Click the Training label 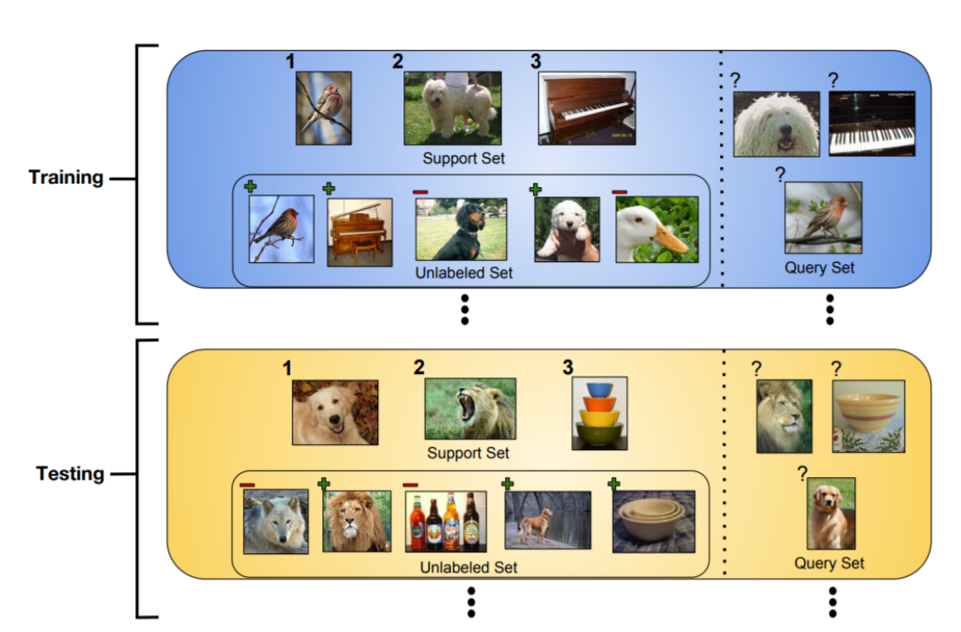coord(66,178)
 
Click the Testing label coord(70,473)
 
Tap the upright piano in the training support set coord(586,108)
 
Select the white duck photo coord(656,229)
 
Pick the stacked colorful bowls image coord(599,412)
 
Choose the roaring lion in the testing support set coord(470,409)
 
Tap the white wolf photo coord(276,521)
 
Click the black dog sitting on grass coord(461,229)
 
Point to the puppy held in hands coord(567,229)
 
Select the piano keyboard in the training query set coord(871,124)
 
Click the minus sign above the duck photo coord(620,191)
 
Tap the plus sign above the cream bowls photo coord(613,483)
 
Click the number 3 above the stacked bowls coord(568,367)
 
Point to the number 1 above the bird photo coord(291,62)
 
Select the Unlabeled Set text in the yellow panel coord(469,567)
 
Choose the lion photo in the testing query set coord(783,415)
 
